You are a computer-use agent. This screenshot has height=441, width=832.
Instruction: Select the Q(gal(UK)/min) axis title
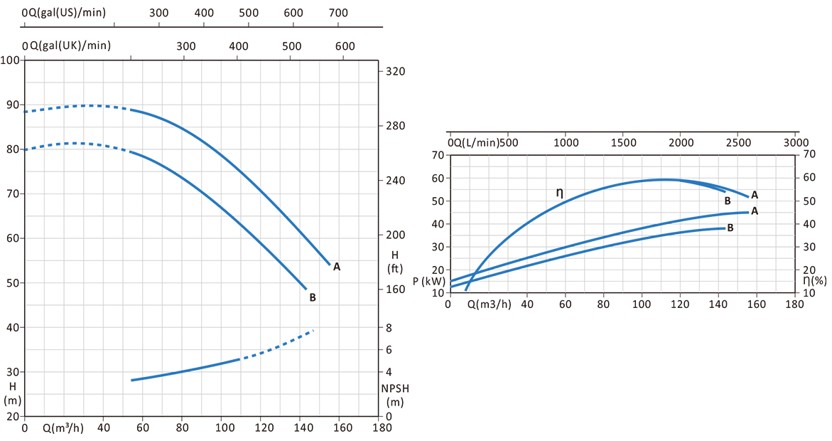(x=70, y=46)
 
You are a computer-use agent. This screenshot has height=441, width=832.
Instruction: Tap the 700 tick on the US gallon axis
(x=339, y=13)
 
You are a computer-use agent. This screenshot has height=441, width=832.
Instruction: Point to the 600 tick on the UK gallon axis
(x=345, y=46)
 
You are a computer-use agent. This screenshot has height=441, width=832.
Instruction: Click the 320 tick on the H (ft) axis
(x=395, y=72)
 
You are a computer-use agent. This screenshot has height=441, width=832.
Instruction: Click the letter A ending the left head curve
(x=337, y=267)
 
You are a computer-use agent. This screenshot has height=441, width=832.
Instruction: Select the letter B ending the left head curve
(x=313, y=297)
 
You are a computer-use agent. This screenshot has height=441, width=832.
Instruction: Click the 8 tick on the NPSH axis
(x=389, y=328)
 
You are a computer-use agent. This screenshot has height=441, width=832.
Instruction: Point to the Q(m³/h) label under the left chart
(x=63, y=428)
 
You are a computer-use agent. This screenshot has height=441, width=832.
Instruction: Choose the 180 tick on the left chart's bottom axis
(x=382, y=428)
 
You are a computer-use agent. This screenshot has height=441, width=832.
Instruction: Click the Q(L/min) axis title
(x=478, y=141)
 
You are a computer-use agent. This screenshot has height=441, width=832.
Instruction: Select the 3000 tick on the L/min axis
(x=796, y=141)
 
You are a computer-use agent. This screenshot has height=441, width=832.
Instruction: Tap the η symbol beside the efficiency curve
(x=559, y=193)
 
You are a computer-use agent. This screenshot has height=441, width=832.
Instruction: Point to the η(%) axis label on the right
(x=815, y=281)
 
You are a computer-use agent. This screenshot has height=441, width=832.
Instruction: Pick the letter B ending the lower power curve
(x=730, y=228)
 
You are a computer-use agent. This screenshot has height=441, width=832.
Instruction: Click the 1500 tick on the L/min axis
(x=623, y=141)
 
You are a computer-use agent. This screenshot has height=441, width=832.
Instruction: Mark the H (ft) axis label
(x=395, y=262)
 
